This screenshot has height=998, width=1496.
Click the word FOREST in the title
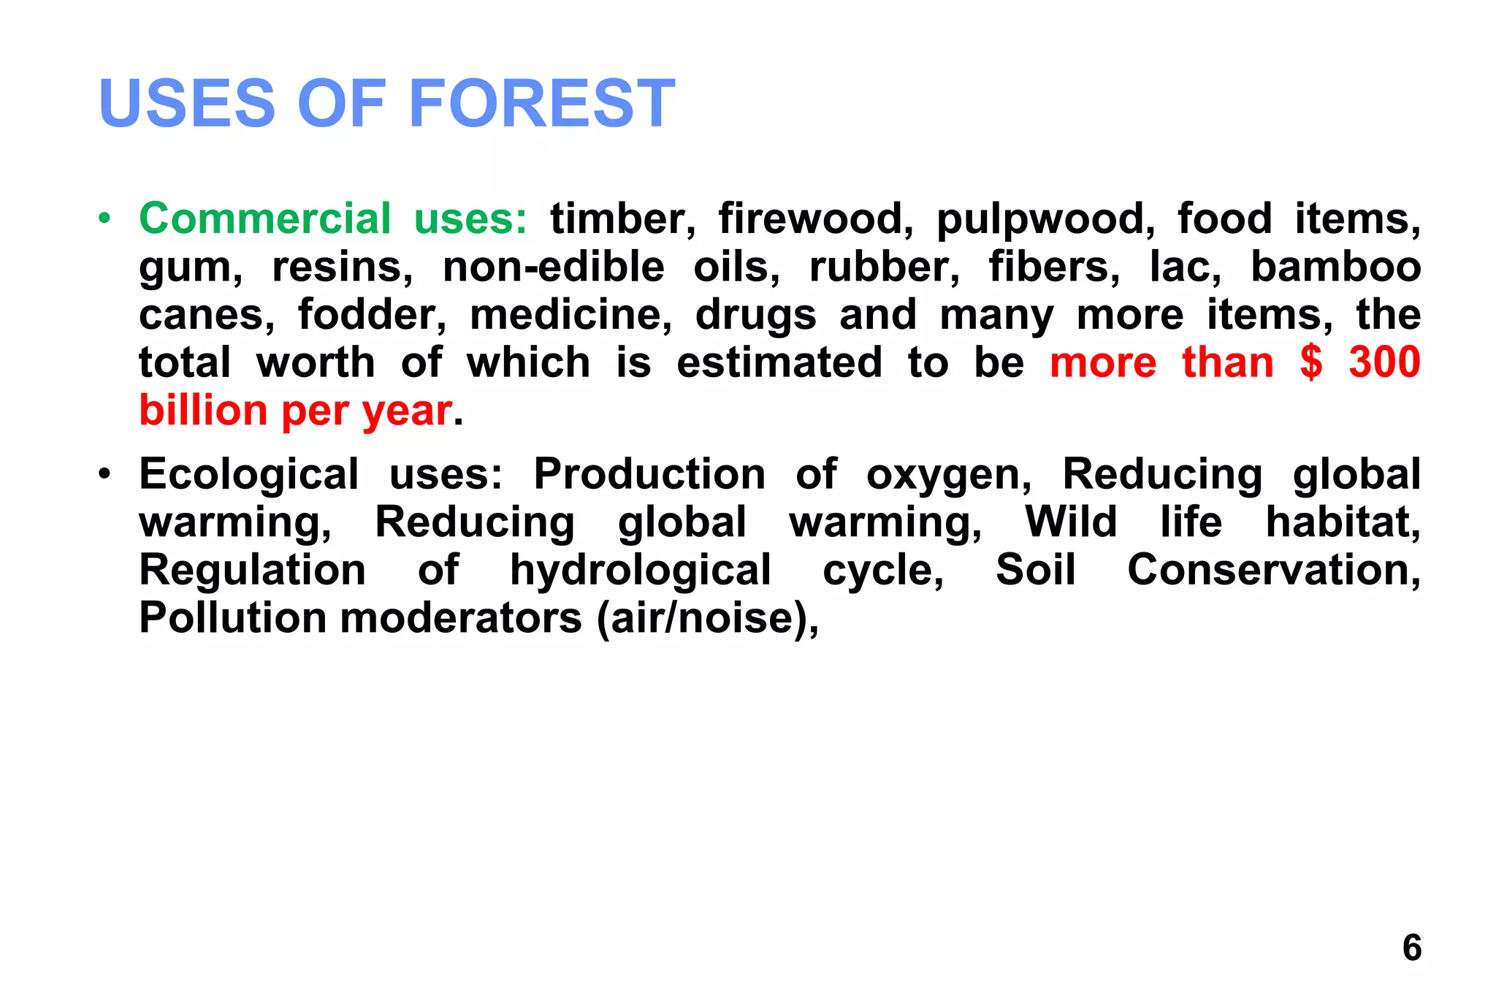tap(542, 104)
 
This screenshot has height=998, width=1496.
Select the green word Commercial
tap(265, 218)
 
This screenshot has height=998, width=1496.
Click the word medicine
tap(570, 315)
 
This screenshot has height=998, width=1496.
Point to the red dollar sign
tap(1311, 362)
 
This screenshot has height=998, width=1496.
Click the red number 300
tap(1384, 362)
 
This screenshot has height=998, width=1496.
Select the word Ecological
tap(248, 475)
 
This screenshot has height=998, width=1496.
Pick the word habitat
tap(1343, 522)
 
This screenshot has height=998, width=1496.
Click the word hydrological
tap(640, 571)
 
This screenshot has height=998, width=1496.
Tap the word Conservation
tap(1273, 570)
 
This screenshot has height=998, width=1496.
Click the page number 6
tap(1411, 948)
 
